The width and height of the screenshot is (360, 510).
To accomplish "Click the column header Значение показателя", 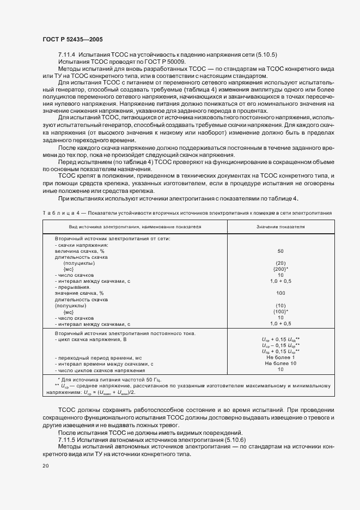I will [280, 226].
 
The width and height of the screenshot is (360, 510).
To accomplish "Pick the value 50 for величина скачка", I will [280, 251].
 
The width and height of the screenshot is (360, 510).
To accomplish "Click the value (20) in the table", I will [280, 263].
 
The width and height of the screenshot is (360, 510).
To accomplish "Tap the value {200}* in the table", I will [280, 269].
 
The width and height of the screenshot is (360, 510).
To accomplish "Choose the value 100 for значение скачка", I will [280, 293].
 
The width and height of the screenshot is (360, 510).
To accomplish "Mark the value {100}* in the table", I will [280, 312].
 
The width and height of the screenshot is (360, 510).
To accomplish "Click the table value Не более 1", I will [280, 357].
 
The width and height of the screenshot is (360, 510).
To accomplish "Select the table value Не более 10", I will [280, 363].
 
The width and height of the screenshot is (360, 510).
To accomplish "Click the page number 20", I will [45, 466].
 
